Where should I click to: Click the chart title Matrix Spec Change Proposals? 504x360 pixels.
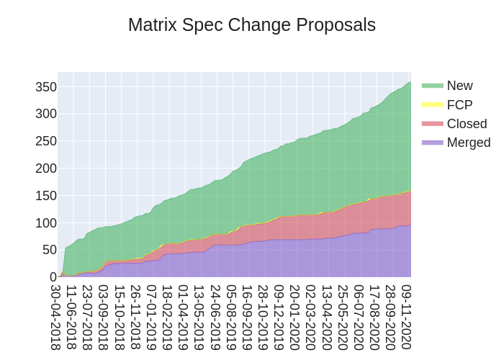252,25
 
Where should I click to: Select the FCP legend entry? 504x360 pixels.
459,105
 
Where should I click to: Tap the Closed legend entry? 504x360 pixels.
467,124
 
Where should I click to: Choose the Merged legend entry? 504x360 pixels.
468,143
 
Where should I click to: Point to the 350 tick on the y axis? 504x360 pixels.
45,87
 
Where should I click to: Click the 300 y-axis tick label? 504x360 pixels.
45,114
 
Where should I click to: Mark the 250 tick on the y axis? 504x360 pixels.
45,141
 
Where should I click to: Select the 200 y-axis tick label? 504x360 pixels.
45,168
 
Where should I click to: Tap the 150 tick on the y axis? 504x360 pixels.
45,196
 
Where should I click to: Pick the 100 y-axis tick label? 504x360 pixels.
45,223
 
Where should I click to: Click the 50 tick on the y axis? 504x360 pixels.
48,250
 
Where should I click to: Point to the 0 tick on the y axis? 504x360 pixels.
53,277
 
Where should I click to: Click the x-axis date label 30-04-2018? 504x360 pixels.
55,317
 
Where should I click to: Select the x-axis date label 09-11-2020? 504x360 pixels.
407,317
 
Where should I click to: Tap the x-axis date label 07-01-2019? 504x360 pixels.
151,317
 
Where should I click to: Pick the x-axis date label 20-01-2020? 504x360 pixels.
294,317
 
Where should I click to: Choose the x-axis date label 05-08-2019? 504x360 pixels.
231,317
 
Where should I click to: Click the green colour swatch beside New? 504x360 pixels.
432,86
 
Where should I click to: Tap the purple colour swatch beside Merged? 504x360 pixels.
432,143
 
